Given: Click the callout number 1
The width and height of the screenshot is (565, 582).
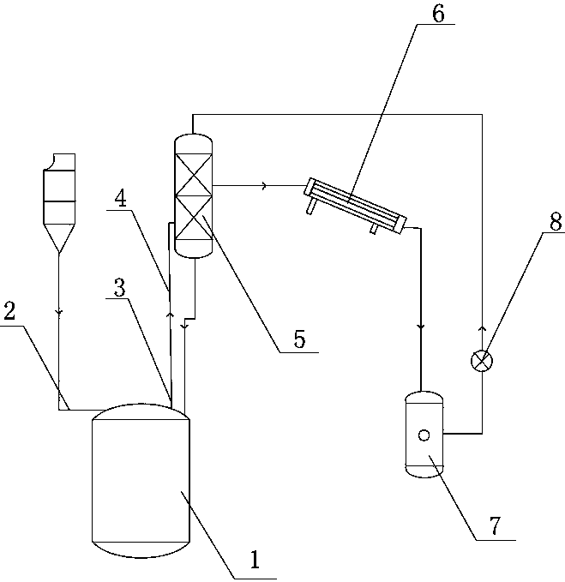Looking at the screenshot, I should [x=254, y=561].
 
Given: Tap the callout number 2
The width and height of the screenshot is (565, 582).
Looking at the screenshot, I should [x=9, y=311].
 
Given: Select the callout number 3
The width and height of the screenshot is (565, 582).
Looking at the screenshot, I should [x=120, y=290].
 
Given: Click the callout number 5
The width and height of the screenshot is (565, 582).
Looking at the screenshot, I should [x=298, y=339].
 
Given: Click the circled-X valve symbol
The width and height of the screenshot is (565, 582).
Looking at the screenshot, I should [x=482, y=361].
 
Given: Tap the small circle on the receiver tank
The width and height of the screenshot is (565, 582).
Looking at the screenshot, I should [x=423, y=434].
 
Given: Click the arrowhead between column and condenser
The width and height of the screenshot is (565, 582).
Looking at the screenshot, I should [x=264, y=185].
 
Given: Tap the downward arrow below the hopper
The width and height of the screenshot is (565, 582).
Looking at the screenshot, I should [x=59, y=313].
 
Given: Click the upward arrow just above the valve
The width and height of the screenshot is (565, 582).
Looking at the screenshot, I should [x=482, y=328].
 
